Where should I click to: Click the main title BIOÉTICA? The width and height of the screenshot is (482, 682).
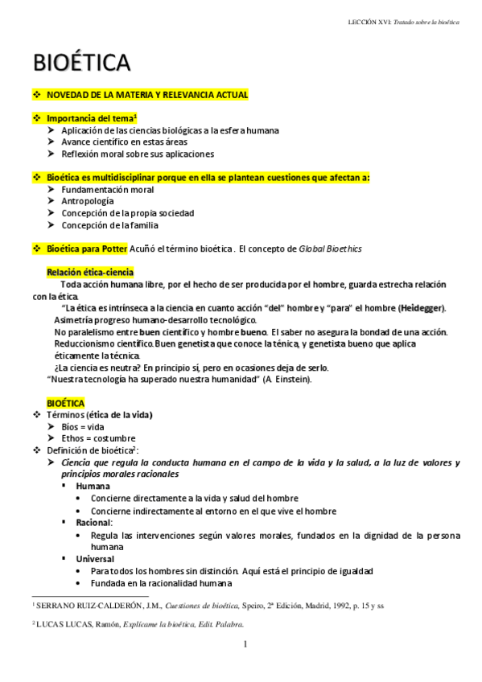pyautogui.click(x=82, y=62)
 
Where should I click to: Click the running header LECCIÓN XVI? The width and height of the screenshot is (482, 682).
pyautogui.click(x=367, y=22)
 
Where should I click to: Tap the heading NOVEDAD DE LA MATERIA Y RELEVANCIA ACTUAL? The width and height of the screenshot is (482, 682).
pyautogui.click(x=147, y=95)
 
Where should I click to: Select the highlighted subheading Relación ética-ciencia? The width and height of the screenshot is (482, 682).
pyautogui.click(x=90, y=273)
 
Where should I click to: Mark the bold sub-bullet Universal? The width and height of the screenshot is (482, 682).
pyautogui.click(x=95, y=558)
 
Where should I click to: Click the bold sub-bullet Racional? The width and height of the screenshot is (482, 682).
pyautogui.click(x=94, y=522)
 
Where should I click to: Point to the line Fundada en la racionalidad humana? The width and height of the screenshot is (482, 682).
pyautogui.click(x=161, y=583)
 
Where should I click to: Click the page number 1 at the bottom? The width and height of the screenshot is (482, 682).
pyautogui.click(x=245, y=644)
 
